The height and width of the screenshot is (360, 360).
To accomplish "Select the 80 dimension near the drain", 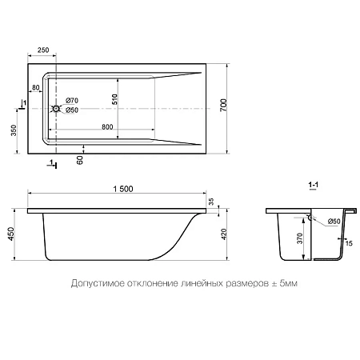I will pyautogui.click(x=37, y=88).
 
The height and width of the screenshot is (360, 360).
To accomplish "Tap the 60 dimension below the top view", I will pyautogui.click(x=78, y=160).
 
